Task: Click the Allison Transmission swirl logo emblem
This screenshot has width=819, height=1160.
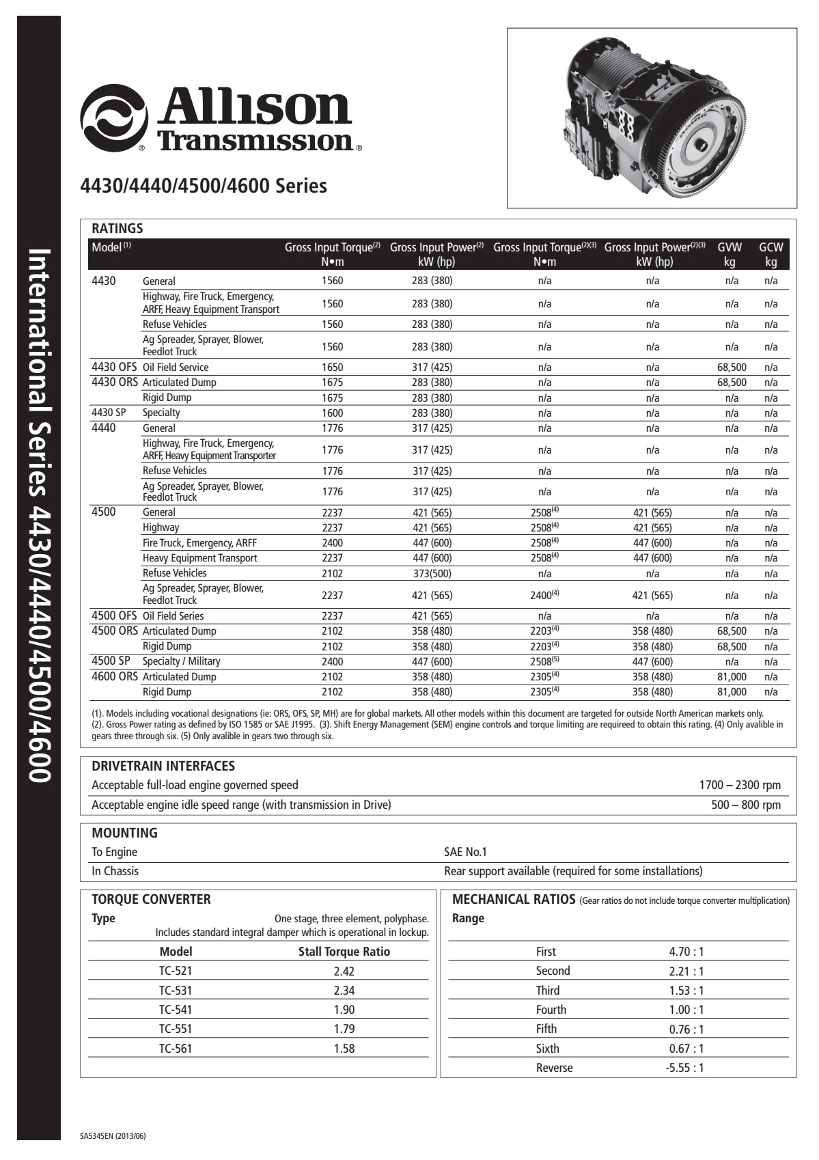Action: pos(113,117)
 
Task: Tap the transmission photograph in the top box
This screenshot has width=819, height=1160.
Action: pos(652,118)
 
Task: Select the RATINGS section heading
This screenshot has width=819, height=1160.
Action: pos(117,228)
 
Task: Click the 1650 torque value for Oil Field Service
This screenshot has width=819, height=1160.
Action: pos(332,368)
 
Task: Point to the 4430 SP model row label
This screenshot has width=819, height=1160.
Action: pos(109,413)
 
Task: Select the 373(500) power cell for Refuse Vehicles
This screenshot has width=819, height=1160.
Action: pos(432,574)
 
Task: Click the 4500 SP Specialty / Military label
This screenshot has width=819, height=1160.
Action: pos(181,661)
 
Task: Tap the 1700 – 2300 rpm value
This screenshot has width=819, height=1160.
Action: pos(740,786)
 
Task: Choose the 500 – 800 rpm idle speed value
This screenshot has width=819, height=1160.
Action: pos(746,805)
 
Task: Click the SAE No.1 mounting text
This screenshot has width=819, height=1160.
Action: pos(465,852)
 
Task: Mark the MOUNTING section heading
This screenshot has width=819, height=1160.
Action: pos(124,833)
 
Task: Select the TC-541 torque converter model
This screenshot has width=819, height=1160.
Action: pos(176,1010)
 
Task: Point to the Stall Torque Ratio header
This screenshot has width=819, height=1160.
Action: pos(344,952)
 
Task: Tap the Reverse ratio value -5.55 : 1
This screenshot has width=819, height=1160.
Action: pos(684,1068)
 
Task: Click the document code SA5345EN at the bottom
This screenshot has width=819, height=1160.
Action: pos(113,1137)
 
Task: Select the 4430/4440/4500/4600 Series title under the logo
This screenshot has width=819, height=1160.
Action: pos(204,186)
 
